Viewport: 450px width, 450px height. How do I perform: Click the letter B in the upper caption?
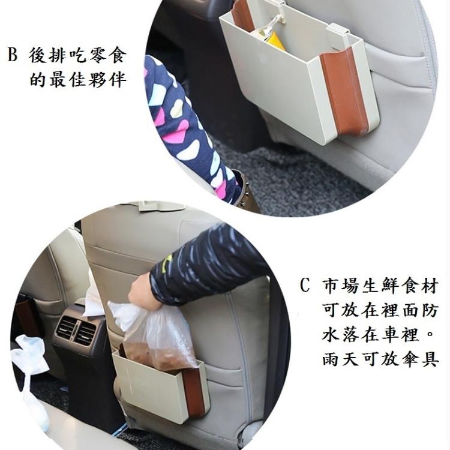[12, 56]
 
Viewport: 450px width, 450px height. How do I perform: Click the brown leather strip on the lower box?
[193, 393]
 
